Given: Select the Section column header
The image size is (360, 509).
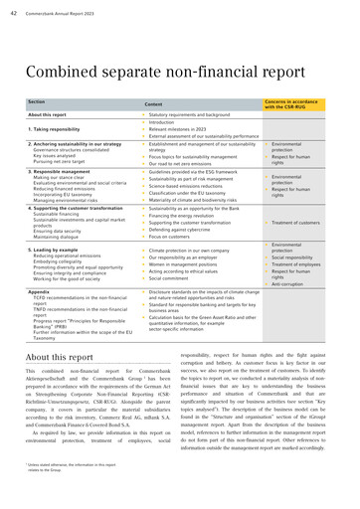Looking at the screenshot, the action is pos(37,102).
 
